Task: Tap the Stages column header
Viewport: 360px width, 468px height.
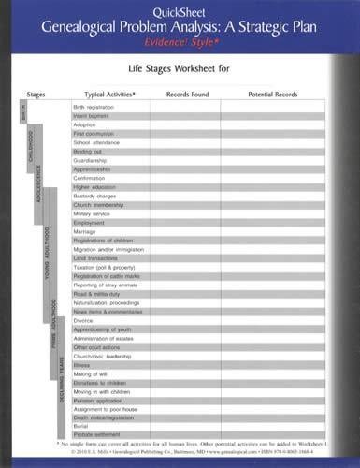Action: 36,95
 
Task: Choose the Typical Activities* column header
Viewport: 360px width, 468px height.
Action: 109,95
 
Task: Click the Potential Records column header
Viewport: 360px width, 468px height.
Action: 273,95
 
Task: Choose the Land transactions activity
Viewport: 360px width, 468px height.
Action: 93,257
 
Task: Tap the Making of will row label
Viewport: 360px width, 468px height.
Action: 89,373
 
